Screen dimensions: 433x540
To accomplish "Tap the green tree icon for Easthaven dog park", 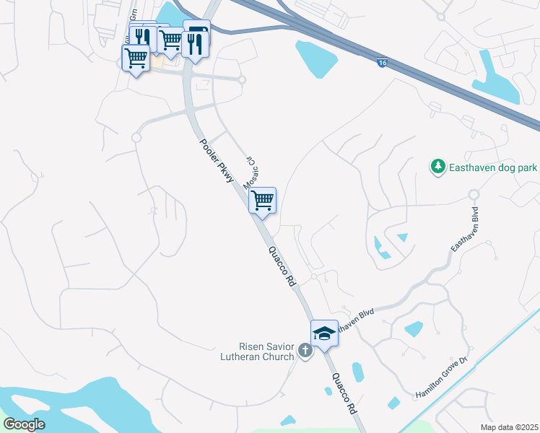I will (437, 167).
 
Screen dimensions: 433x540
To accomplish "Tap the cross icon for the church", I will (305, 351).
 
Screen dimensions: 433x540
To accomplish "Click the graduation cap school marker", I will (325, 333).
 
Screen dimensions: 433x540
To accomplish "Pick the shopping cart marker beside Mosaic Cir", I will (263, 201).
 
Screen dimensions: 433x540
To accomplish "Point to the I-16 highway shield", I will (382, 64).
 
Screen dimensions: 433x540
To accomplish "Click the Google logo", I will (24, 424).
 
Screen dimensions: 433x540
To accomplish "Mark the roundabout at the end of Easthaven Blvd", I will (474, 194).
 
